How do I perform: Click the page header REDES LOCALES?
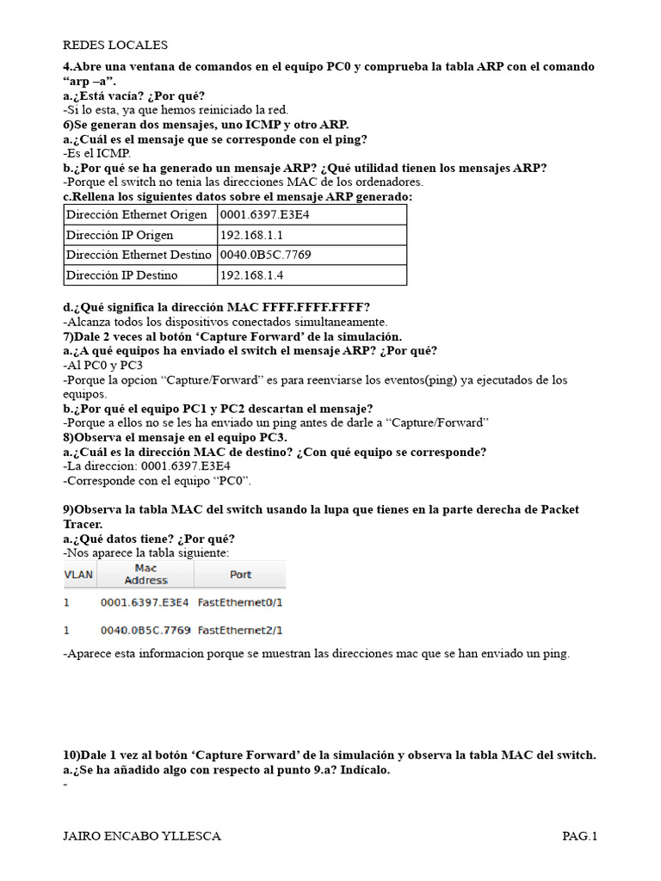coord(115,45)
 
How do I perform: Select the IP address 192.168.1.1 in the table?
coord(252,235)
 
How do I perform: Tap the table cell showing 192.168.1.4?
coord(252,275)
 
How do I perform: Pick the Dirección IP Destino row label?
coord(121,275)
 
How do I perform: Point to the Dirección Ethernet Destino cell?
coord(139,255)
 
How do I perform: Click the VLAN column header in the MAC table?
coord(79,574)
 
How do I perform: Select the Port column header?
coord(240,574)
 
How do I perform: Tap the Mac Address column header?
coord(146,574)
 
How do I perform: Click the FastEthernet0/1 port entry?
coord(240,603)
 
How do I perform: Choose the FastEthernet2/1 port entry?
coord(240,630)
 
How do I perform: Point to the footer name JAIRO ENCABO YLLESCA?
coord(142,835)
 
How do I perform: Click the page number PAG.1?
coord(579,835)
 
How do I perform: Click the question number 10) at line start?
coord(71,755)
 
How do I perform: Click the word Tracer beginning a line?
coord(83,524)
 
